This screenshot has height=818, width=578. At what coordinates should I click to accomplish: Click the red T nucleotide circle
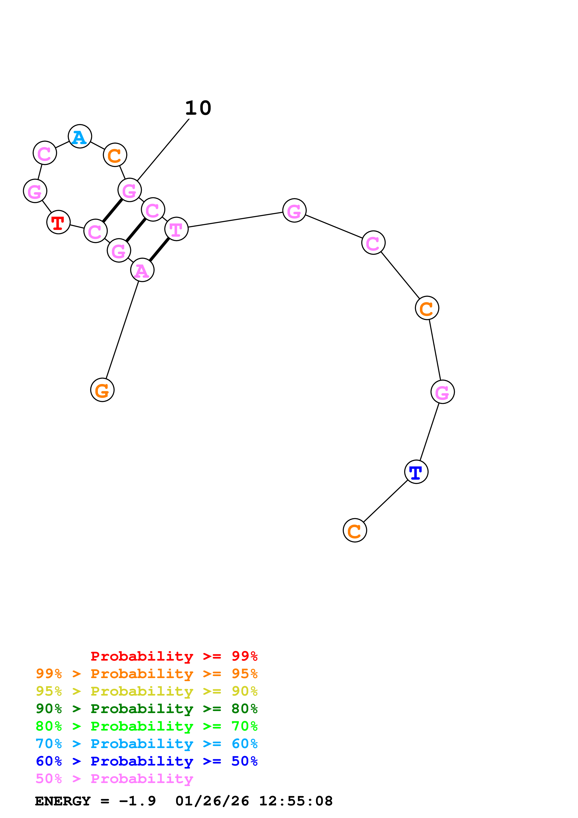point(58,222)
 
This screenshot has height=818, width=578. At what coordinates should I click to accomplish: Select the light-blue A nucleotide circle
point(80,136)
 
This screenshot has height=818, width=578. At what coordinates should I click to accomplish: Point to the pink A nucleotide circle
point(142,270)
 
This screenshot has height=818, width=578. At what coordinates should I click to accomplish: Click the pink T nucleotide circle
point(176,229)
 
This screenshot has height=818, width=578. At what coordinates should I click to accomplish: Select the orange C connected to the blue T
point(355,530)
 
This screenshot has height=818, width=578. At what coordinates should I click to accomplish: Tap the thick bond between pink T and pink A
point(159,250)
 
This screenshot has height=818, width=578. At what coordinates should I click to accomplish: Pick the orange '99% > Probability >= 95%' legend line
point(146,673)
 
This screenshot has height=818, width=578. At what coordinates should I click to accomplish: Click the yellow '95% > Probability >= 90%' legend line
point(146,691)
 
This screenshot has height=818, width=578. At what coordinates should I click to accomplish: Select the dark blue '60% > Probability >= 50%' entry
point(146,761)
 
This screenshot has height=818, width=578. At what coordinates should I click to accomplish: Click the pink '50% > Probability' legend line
point(114,778)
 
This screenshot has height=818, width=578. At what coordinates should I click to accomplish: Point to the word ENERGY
point(63,801)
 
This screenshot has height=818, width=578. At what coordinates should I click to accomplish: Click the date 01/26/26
point(212,801)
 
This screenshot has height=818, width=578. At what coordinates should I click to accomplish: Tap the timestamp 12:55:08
point(296,801)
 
